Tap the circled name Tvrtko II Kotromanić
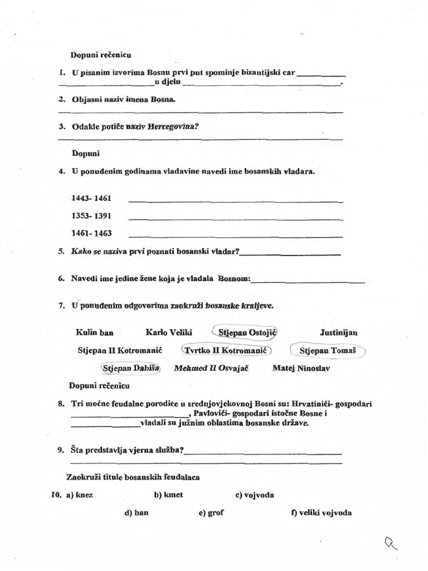pyautogui.click(x=226, y=351)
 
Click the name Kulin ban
pyautogui.click(x=95, y=333)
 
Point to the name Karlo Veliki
pyautogui.click(x=169, y=333)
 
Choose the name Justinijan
pyautogui.click(x=339, y=333)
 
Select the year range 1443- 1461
pyautogui.click(x=91, y=199)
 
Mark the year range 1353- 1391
pyautogui.click(x=91, y=215)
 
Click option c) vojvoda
pyautogui.click(x=255, y=495)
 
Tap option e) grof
pyautogui.click(x=211, y=513)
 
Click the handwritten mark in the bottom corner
pyautogui.click(x=392, y=540)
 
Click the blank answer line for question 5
pyautogui.click(x=290, y=254)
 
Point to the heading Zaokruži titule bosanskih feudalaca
pyautogui.click(x=133, y=477)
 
